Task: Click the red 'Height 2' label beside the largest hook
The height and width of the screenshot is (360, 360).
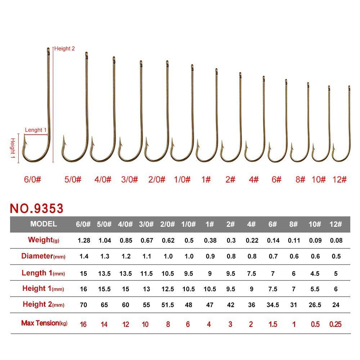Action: (64, 49)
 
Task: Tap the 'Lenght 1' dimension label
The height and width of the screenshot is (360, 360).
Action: (36, 130)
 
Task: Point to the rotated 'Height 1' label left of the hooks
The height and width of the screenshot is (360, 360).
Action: (13, 148)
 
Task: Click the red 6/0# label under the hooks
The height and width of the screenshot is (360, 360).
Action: (32, 179)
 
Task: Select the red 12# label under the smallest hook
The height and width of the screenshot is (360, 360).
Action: (339, 179)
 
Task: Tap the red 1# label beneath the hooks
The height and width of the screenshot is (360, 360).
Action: (206, 179)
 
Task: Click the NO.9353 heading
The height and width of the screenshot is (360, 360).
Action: (36, 208)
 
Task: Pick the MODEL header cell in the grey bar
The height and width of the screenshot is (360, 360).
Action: (44, 224)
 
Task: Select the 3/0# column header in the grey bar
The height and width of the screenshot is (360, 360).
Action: (146, 224)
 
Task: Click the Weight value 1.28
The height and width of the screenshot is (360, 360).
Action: (84, 240)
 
